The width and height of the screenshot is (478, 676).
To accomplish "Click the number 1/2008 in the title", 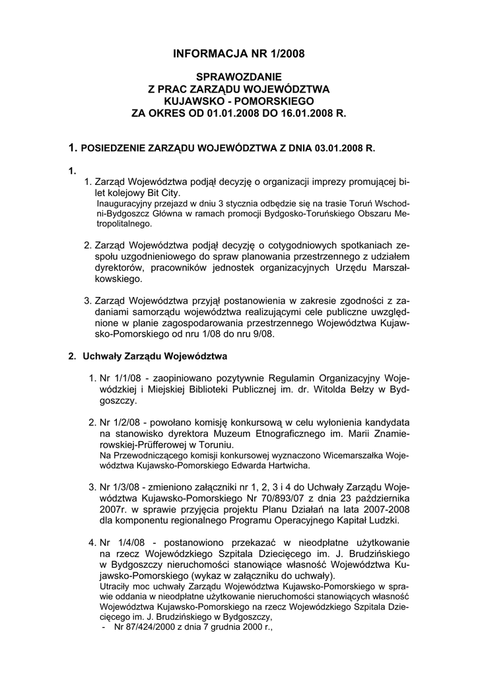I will [284, 52].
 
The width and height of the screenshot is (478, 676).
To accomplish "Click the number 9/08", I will [263, 334].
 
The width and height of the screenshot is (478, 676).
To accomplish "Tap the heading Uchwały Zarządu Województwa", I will [154, 357].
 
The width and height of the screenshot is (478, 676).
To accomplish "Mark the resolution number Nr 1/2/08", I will [118, 421].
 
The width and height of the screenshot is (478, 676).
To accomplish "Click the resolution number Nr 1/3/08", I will [118, 487].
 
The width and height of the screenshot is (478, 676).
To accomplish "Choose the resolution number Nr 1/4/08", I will [119, 543].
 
